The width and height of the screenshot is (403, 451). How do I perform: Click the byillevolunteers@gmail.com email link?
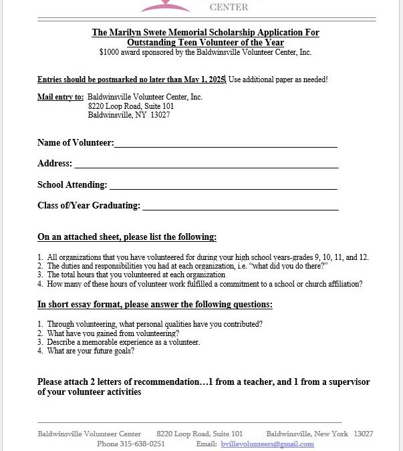pos(267,444)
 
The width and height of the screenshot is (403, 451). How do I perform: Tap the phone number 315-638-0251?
pos(144,444)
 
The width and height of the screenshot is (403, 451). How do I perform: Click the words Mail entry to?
pos(60,98)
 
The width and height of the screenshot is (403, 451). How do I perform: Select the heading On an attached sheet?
pos(126,237)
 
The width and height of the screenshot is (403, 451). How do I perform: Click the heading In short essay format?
pos(154,305)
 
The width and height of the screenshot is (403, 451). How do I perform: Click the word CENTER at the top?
pos(229,7)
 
